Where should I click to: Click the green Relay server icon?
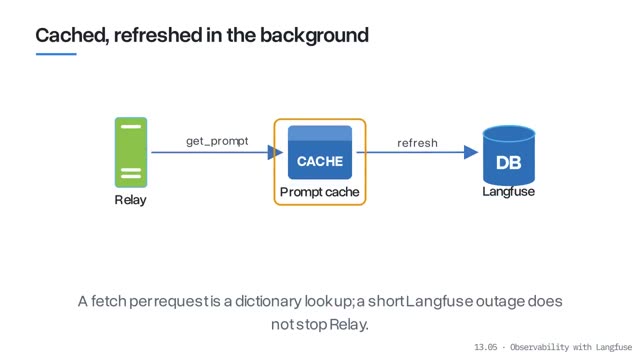coord(131,152)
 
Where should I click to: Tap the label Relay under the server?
coord(130,200)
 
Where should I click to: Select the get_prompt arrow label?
coord(217,141)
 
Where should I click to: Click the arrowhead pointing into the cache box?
coord(275,152)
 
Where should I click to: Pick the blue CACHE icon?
coord(320,152)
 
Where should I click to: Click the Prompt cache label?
coord(320,192)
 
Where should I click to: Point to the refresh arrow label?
coord(417,143)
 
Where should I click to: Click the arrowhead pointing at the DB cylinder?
coord(471,152)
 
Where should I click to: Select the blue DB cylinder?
coord(509,155)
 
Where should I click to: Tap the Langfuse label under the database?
coord(509,191)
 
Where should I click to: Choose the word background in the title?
coord(314,36)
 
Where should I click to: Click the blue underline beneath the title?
coord(56,54)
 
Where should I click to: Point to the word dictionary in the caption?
coord(268,301)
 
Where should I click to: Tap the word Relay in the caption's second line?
coord(349,325)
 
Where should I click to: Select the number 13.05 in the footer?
coord(486,347)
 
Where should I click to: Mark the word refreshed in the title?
coord(158,36)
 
